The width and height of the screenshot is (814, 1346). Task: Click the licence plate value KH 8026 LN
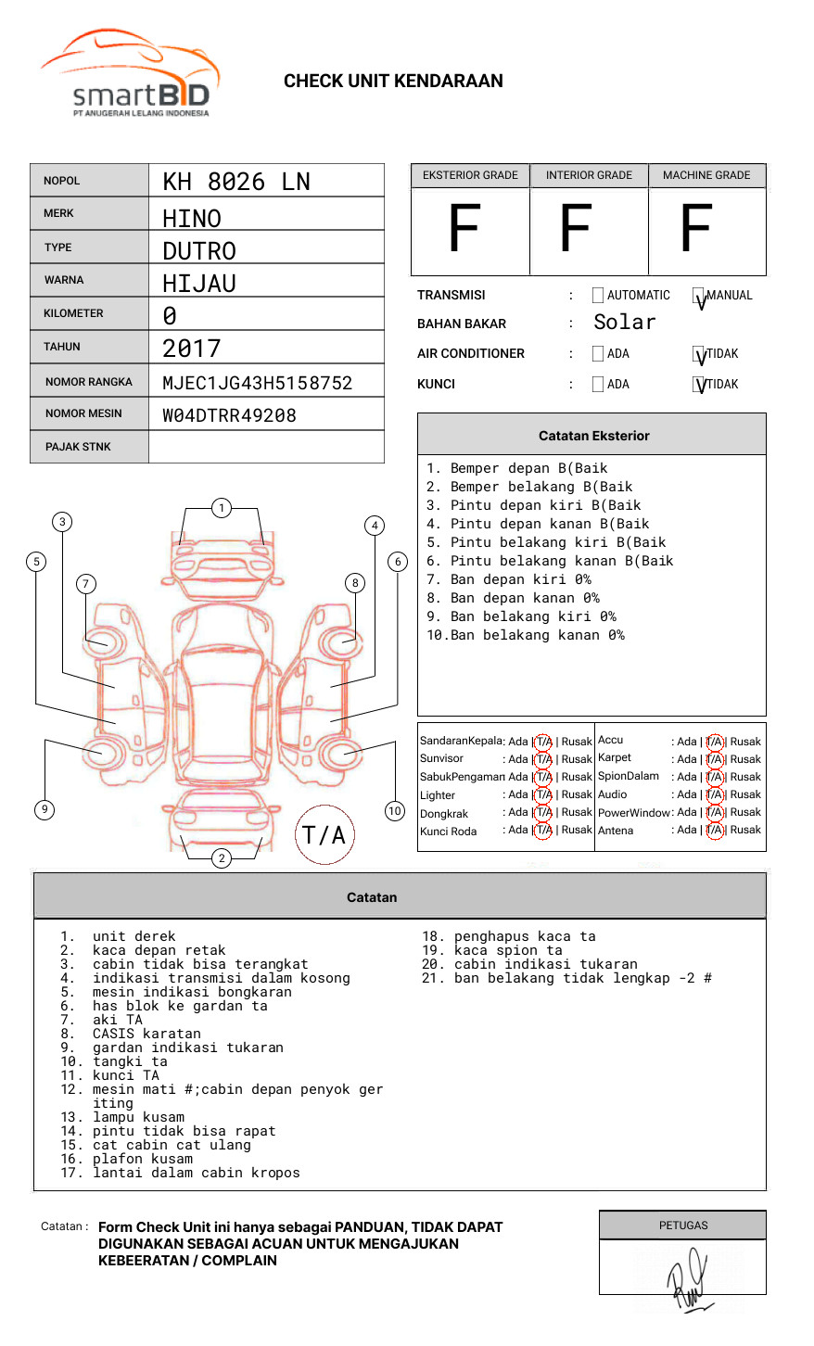tap(236, 182)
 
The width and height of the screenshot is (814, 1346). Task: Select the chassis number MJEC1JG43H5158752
tap(257, 383)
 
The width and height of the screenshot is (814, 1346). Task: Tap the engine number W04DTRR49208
tap(229, 415)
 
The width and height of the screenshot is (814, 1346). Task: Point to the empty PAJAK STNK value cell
tap(266, 447)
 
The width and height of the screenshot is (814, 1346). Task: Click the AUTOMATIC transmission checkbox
tap(598, 296)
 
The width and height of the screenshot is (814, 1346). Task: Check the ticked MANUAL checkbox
tap(698, 297)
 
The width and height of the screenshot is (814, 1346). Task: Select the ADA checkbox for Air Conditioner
tap(598, 354)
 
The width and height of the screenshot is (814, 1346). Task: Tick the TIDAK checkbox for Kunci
tap(698, 385)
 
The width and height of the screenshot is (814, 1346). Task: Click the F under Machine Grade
tap(696, 230)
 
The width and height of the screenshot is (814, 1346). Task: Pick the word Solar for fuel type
tap(624, 323)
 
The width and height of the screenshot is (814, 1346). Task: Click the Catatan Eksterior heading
tap(593, 436)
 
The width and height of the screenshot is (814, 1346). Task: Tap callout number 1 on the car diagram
tap(221, 508)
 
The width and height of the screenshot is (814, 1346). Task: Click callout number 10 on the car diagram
tap(395, 811)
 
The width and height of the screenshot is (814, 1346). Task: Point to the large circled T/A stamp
tap(324, 835)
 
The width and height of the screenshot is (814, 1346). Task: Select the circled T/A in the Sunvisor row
tap(543, 759)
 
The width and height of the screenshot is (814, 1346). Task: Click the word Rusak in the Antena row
tap(745, 831)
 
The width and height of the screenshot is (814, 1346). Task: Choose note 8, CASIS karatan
tap(146, 1034)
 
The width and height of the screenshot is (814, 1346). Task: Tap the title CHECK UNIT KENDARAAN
tap(393, 82)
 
